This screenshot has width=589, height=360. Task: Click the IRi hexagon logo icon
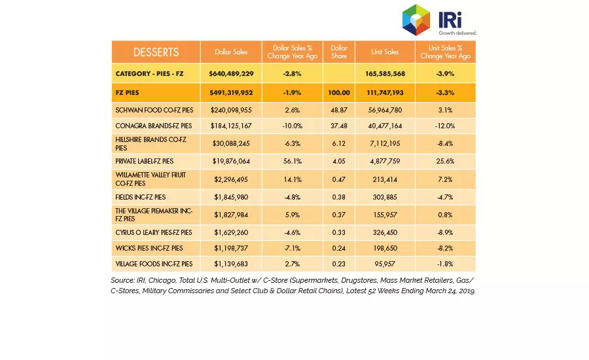416,20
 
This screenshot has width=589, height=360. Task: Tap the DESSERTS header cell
156,52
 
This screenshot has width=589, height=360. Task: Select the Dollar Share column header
339,52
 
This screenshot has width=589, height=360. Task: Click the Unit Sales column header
385,52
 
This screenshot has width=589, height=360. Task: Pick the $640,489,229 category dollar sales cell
231,74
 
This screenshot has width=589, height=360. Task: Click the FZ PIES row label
128,92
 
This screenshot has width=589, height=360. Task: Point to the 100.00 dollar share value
339,92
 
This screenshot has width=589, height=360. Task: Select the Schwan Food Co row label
154,110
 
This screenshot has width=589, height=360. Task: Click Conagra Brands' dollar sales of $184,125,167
231,126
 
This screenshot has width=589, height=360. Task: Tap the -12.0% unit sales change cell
445,126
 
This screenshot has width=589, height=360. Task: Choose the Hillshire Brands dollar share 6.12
339,143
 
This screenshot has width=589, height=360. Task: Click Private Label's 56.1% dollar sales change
293,161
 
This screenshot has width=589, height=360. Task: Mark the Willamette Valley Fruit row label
151,179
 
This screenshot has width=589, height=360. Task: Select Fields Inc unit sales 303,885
385,197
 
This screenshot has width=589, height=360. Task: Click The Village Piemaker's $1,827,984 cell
231,215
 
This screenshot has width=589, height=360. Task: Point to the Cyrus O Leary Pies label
154,232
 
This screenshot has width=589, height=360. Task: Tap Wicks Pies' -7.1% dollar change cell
293,248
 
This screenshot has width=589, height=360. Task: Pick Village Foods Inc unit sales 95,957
385,264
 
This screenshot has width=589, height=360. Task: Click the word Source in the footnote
122,280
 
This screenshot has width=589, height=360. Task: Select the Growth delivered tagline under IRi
457,33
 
